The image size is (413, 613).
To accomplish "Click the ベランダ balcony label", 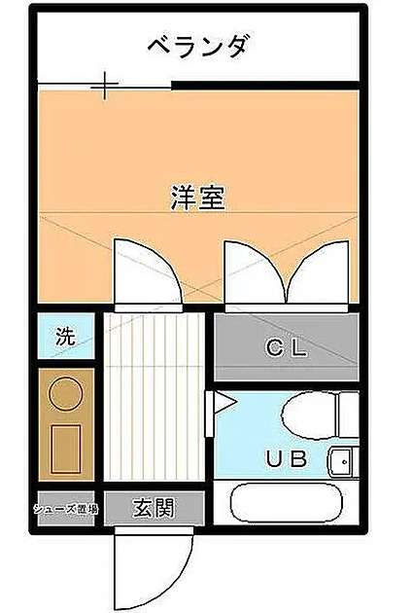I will coord(199,45).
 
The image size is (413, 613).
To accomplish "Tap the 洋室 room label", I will coord(198,198).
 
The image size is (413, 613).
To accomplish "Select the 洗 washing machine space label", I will coord(64,338).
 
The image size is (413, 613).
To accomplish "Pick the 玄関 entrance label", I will coord(154,508).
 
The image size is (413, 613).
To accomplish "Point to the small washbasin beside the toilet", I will coord(342,460).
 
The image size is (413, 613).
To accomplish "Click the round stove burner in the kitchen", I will coord(67,394).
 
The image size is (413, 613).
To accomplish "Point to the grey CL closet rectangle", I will coord(286,348).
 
